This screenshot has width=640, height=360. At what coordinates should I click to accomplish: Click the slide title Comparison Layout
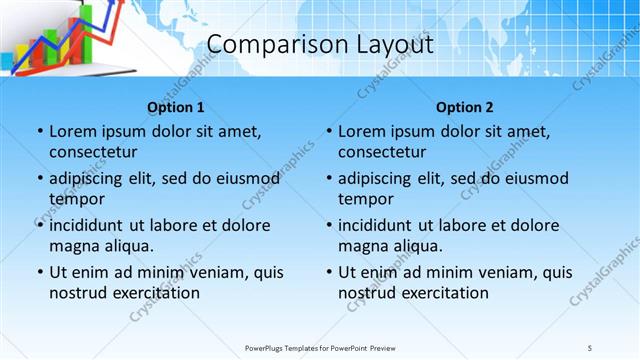point(320,45)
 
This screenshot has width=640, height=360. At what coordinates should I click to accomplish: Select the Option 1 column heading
point(176,107)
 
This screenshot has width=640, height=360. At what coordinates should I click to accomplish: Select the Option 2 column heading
point(465,107)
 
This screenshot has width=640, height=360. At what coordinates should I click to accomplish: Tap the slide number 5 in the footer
point(589,347)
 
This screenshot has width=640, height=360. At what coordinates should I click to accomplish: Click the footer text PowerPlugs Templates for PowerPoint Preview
point(320,347)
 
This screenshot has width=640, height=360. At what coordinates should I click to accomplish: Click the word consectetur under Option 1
point(93,152)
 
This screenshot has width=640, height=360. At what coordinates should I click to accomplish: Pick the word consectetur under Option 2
point(382,152)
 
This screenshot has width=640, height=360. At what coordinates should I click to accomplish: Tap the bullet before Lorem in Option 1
point(38,131)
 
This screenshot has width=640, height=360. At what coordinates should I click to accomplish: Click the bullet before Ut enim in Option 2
point(327,272)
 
